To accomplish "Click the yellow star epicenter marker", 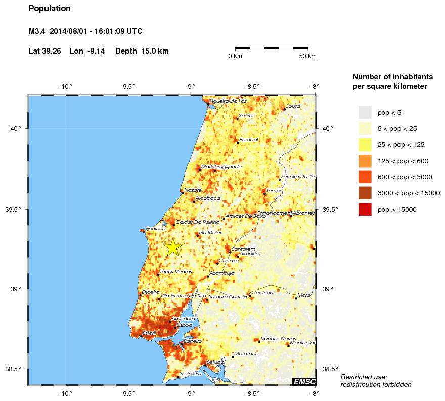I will coord(173,247).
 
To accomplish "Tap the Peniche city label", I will coord(156,229).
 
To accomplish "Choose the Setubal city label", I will coord(216,362).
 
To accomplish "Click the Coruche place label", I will coord(262,292).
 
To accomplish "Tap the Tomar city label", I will coord(274,190).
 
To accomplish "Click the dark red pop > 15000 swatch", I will coord(365,209).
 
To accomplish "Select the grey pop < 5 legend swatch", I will coord(365,112).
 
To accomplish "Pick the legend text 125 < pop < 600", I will coord(403,161).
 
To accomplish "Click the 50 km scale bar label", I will coord(307,56).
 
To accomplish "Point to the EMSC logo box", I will coord(304,381).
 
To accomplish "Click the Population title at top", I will coord(50,9).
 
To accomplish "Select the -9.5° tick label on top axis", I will coord(128,86).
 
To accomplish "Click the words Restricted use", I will coord(364,377).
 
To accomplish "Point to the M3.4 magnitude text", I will coord(37,31).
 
